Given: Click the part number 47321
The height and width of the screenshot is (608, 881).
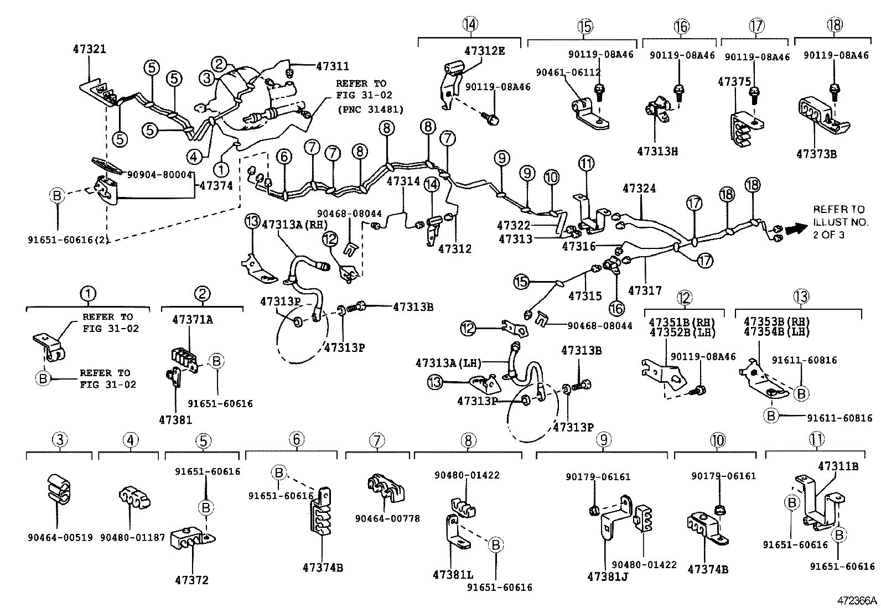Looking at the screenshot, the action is coord(90,50).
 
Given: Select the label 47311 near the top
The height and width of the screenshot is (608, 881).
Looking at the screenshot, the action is coord(333,66).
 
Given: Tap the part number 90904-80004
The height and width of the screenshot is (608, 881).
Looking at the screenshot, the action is coord(160,175).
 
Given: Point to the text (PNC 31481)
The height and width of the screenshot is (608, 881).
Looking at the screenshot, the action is coord(370,110).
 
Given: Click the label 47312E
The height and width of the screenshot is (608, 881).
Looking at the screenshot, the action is coord(485,51).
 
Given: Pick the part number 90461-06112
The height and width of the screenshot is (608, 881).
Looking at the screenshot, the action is coord(568,72).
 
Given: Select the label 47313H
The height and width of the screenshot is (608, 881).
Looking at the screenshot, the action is coord(657,152).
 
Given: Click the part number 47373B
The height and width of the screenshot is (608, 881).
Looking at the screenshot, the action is coord(816,154).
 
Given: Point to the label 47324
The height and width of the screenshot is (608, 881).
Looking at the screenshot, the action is coord(640,189).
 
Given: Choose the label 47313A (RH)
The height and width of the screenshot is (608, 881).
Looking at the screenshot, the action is coord(294,225).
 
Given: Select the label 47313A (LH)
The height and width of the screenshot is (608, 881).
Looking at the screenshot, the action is coord(448,363).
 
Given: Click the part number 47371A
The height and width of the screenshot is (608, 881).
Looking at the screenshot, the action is coord(193,320).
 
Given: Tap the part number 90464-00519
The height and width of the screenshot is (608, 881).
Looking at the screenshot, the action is coord(60,538).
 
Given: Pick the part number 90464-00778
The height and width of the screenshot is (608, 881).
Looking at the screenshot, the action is coord(387,519).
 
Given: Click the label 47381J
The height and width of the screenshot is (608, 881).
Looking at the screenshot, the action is coord(608,577).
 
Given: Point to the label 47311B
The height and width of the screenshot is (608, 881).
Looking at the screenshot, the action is coord(838,466).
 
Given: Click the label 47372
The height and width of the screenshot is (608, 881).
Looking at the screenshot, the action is coord(192,580).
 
